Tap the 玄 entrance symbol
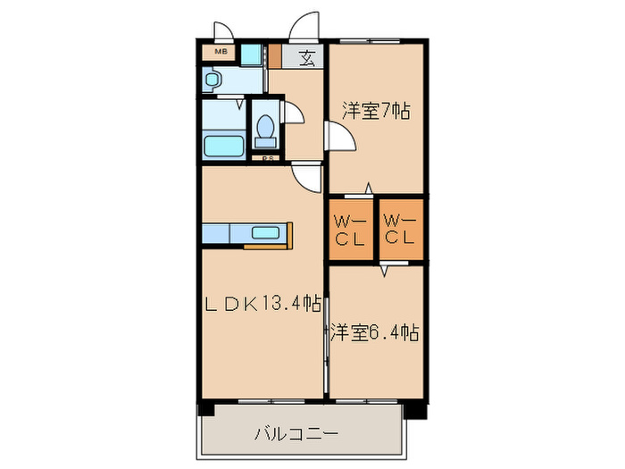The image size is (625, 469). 306,59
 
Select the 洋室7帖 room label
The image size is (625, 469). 376,112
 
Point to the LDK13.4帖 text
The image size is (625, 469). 261,304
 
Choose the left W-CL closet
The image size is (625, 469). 347,229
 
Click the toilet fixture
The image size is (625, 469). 264,130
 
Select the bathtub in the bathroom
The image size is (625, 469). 223,146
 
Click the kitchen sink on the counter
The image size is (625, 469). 266,233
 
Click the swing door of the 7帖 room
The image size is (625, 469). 340,138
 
